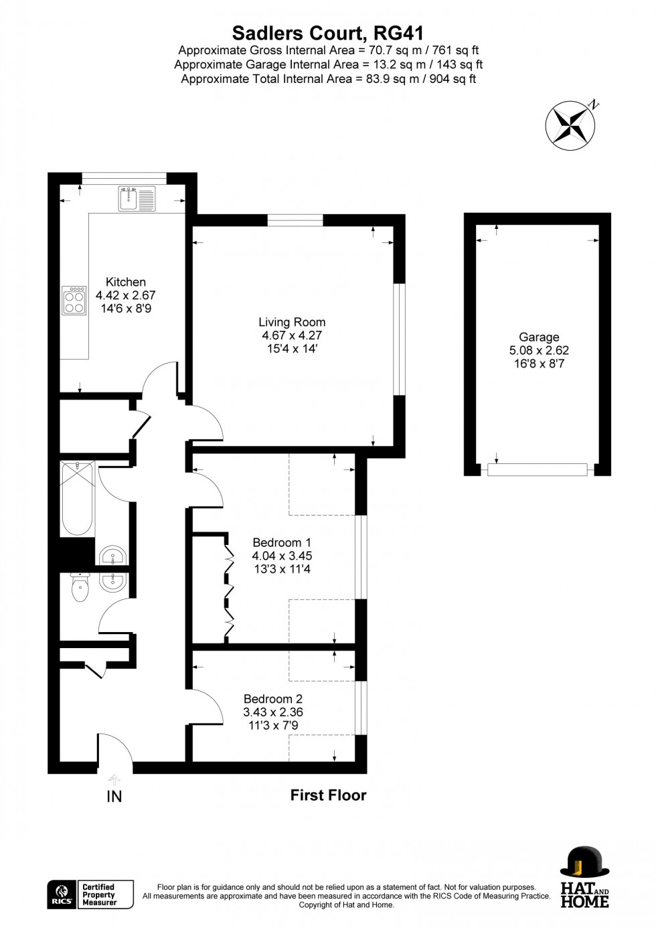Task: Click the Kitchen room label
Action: (x=126, y=282)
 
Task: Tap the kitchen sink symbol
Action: (x=137, y=198)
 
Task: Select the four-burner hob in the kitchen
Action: (x=74, y=301)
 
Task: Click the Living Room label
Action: (x=292, y=322)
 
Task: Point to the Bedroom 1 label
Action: (x=282, y=542)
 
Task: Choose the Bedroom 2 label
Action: (x=273, y=699)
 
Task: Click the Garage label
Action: (x=539, y=337)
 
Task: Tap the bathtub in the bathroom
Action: (x=77, y=498)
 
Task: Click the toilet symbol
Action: (x=80, y=589)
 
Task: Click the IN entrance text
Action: (x=114, y=797)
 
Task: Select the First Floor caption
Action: (x=328, y=795)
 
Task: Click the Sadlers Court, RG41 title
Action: (x=328, y=33)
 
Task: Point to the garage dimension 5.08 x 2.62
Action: (x=539, y=350)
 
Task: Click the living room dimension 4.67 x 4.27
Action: (x=293, y=335)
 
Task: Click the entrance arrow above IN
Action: (x=114, y=779)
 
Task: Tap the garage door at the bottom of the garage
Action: (x=538, y=470)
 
